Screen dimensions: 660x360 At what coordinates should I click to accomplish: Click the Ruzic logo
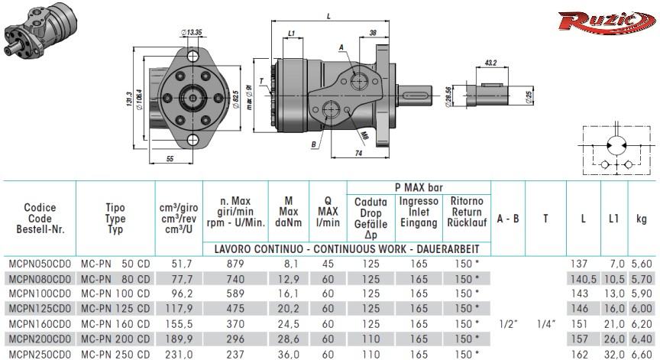coord(607,21)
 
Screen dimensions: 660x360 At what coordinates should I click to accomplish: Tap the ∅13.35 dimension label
coord(191,32)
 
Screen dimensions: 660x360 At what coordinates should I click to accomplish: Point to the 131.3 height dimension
coord(129,99)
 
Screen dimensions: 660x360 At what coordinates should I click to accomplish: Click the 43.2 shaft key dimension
coord(490,63)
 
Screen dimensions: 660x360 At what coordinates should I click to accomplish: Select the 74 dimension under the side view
coord(358,154)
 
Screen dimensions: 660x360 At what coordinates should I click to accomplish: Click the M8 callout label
coord(364,136)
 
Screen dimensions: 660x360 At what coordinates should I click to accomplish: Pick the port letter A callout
coord(341,47)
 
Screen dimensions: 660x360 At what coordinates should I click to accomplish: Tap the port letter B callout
coord(314,144)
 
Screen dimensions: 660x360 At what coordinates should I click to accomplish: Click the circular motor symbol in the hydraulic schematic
coord(616,145)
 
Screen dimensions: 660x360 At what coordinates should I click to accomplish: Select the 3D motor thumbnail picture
coord(40,30)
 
